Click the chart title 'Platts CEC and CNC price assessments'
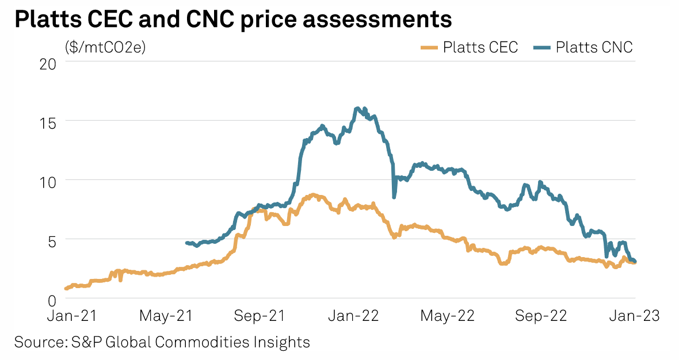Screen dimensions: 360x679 [x=233, y=19]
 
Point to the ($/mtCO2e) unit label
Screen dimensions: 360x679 [x=105, y=47]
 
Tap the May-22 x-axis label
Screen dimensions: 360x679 [x=448, y=316]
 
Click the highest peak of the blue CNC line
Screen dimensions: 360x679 [x=357, y=108]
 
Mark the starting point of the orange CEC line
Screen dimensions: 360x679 [x=66, y=288]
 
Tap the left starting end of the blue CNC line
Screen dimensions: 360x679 [x=186, y=243]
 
